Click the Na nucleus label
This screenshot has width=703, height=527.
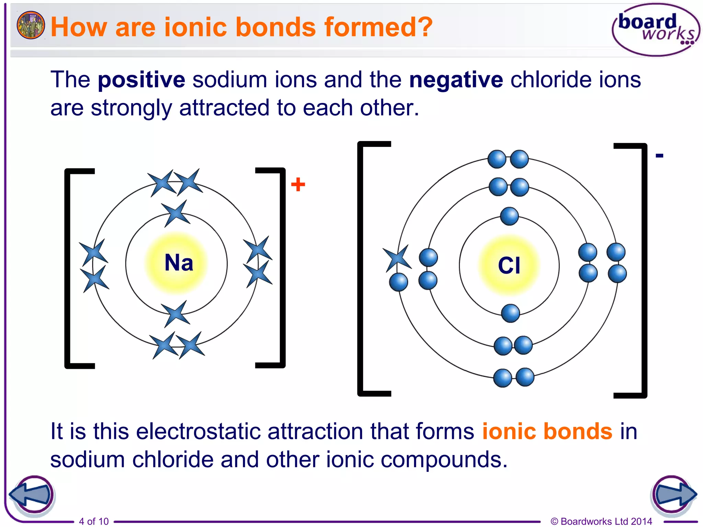point(178,263)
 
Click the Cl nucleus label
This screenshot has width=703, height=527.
point(509,266)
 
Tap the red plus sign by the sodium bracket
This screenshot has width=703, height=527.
point(298,184)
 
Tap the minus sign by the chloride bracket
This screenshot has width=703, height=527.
point(659,156)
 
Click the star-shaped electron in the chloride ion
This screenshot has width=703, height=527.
point(397,258)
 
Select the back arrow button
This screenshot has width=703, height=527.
point(32,495)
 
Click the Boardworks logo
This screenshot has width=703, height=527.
point(656,30)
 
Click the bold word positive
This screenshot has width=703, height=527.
point(141,80)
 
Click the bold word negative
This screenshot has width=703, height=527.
point(456,80)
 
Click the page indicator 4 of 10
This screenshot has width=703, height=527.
point(94,521)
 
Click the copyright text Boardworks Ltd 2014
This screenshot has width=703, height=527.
point(601,521)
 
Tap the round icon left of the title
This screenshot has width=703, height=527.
point(31,25)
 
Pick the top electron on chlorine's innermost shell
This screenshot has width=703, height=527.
point(509,216)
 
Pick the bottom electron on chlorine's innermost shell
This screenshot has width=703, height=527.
point(510,313)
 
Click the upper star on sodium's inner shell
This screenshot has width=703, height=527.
point(176,213)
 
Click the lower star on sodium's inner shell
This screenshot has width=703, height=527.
point(176,314)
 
